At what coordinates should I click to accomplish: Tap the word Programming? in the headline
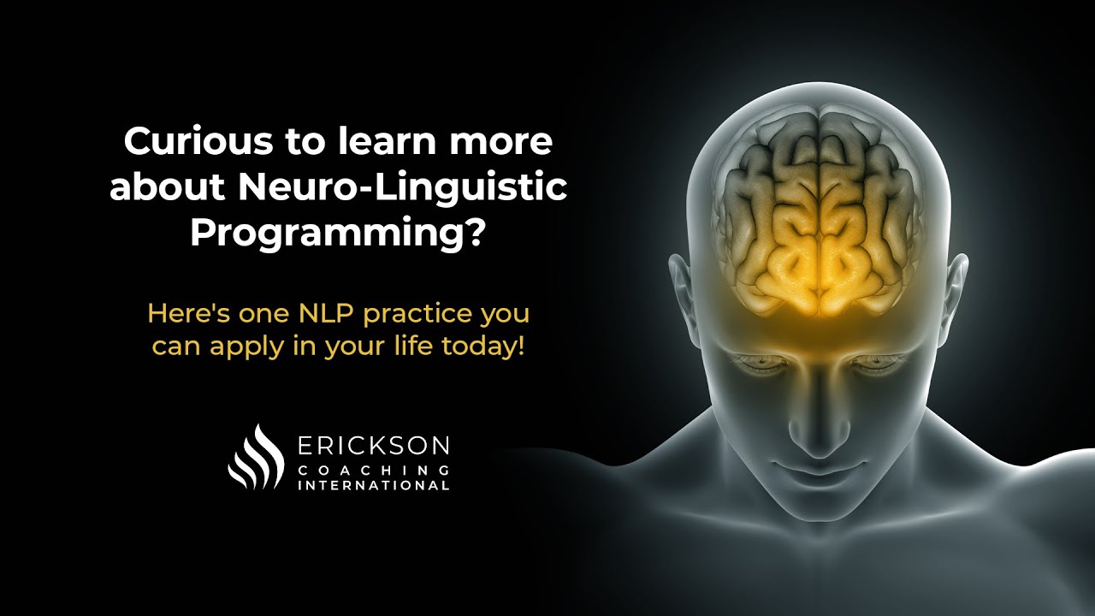pos(338,234)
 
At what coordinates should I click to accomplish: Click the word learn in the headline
pos(381,142)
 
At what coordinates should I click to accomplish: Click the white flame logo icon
pos(256,457)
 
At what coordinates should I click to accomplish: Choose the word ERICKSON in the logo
pos(372,446)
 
